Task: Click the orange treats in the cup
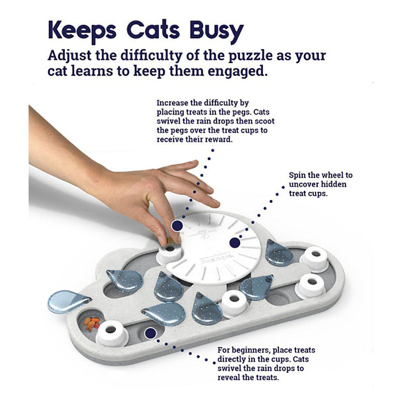tap(91, 323)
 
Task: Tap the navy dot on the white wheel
tap(234, 243)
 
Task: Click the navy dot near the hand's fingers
tap(176, 225)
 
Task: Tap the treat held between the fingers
tap(171, 241)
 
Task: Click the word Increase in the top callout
tap(171, 103)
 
